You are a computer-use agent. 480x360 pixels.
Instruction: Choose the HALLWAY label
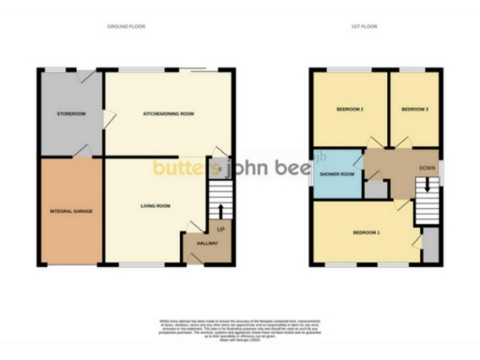[207, 244]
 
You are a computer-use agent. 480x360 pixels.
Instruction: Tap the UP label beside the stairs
[222, 230]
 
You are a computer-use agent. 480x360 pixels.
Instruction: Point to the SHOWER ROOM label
[336, 173]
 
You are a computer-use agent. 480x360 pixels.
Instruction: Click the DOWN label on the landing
[427, 169]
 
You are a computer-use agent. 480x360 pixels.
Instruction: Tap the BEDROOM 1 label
[366, 232]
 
